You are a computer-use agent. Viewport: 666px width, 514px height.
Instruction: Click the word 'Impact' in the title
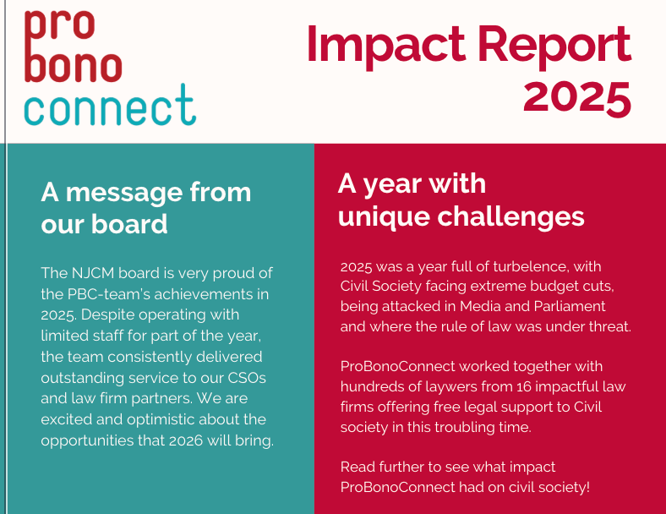[385, 46]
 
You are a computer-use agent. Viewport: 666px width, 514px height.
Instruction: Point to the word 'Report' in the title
[554, 46]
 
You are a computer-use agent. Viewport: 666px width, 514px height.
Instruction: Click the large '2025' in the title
[576, 99]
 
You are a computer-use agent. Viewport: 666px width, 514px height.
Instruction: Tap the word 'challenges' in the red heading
[510, 218]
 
